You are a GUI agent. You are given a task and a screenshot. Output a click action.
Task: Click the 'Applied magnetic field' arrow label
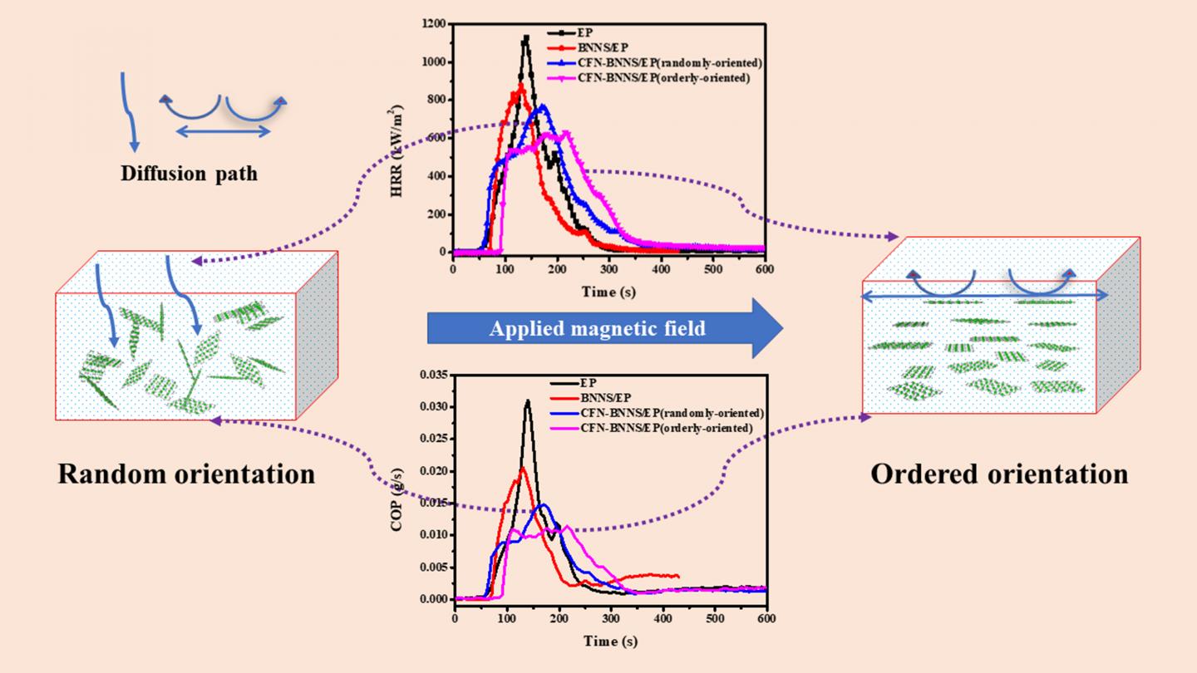[x=597, y=329]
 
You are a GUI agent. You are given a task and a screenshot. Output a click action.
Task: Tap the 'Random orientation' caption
[x=186, y=474]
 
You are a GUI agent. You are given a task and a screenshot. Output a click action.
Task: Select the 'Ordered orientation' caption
[x=999, y=474]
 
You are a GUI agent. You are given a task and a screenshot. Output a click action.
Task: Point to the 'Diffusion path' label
[x=189, y=174]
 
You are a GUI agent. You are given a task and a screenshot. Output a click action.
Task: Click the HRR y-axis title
[x=397, y=149]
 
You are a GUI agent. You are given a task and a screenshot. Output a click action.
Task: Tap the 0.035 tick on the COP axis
[x=432, y=375]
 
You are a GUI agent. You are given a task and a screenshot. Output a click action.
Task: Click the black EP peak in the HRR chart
[x=526, y=37]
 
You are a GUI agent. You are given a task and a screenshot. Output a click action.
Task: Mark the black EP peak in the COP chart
[x=527, y=401]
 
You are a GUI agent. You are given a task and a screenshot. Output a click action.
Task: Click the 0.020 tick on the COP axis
[x=432, y=471]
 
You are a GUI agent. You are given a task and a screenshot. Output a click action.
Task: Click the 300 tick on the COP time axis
[x=610, y=618]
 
